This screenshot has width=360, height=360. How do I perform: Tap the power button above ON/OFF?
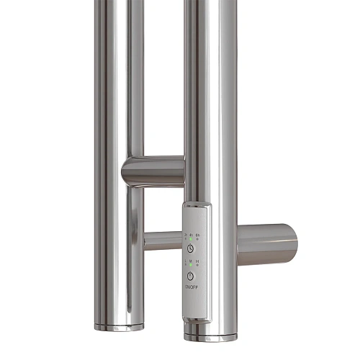coord(191,276)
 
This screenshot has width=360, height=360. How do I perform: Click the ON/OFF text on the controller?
coord(191,287)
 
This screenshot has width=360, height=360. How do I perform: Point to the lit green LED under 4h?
coord(190,239)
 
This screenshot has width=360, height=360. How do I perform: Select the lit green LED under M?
coord(190,265)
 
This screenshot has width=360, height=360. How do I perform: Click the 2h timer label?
coord(185,234)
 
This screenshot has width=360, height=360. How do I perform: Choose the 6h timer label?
coord(197,234)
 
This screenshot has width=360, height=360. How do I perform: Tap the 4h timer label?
coord(190,234)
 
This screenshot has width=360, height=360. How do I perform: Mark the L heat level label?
coord(185,261)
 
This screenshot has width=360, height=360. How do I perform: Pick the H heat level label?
coord(197,261)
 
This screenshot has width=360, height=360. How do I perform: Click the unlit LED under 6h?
coord(197,239)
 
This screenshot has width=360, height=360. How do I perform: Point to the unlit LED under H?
coord(197,265)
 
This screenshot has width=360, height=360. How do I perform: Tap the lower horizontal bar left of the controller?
coord(162,240)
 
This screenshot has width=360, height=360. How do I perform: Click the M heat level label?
coord(190,261)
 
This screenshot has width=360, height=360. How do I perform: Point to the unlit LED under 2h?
coord(185,239)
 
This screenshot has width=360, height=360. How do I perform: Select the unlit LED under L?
coord(185,265)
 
